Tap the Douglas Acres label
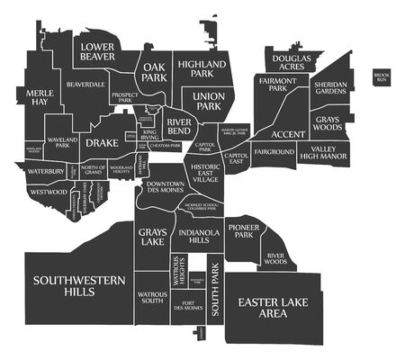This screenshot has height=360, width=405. pos(292,61)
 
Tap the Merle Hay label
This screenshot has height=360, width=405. pos(39,97)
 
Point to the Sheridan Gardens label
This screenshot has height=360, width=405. pos(329,87)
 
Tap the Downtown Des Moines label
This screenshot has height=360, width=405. pos(166,186)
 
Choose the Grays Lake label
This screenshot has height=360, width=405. pos(152,237)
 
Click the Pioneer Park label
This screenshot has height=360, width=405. pos(243,232)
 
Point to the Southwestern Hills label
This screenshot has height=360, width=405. pos(78,286)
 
